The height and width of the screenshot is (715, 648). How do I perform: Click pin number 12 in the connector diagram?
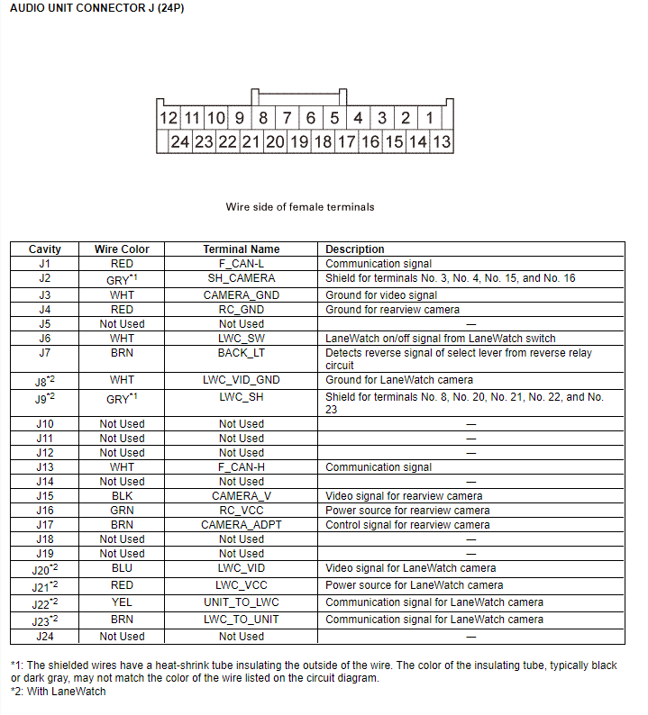pos(169,118)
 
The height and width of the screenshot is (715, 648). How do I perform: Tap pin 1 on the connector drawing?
pos(430,118)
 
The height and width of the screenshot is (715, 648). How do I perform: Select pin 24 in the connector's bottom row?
pos(180,141)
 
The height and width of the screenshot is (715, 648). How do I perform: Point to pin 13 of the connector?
pos(442,141)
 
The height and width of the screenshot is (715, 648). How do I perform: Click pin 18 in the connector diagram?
pos(323,141)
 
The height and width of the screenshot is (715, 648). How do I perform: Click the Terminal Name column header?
pos(242,249)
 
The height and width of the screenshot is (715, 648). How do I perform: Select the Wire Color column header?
pos(122,249)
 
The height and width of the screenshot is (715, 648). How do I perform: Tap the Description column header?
pos(355,249)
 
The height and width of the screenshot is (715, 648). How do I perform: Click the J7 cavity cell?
pos(45,353)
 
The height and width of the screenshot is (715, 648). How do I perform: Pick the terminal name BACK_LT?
pos(242,353)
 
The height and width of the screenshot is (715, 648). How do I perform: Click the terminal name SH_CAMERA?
pos(242,279)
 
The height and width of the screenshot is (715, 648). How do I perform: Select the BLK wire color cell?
pos(122,496)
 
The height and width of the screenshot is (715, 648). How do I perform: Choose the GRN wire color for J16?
pos(122,511)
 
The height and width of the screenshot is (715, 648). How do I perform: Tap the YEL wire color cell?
pos(122,602)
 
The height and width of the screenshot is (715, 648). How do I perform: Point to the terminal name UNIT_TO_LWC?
pos(242,602)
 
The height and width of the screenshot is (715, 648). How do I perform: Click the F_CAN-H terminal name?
pos(242,467)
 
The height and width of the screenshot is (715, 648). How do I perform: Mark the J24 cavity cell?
pos(45,637)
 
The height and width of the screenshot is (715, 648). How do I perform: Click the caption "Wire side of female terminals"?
pos(300,207)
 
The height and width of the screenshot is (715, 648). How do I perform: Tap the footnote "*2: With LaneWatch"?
pos(58,692)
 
